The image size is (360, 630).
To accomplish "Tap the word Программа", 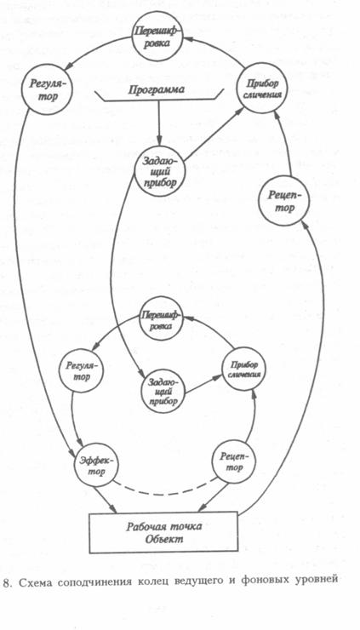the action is tap(157, 89).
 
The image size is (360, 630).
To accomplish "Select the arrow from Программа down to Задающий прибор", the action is tap(158, 123).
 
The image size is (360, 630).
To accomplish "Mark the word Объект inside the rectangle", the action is tap(164, 539).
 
